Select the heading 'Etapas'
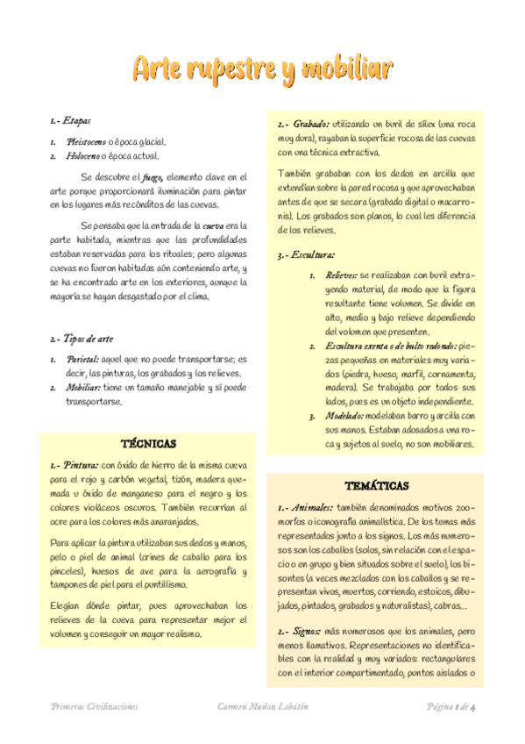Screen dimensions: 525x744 click(76, 119)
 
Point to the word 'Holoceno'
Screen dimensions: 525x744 click(82, 156)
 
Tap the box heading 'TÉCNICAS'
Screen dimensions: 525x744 click(147, 444)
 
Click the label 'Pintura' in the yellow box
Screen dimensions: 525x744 click(79, 465)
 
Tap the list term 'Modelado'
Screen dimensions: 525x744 click(344, 416)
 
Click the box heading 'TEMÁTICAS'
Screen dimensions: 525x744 click(376, 485)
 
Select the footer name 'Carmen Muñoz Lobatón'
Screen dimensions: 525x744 click(262, 705)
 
